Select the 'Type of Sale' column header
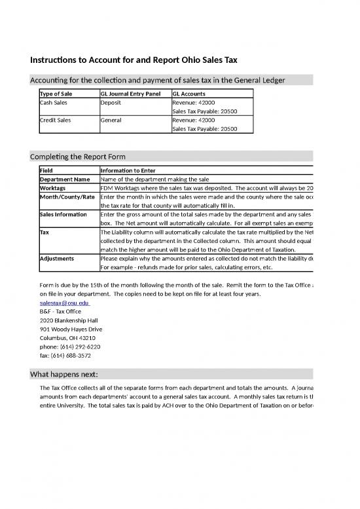click(56, 94)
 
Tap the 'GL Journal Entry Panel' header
click(130, 94)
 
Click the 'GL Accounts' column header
click(189, 94)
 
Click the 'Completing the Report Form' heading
click(78, 157)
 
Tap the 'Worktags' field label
click(53, 188)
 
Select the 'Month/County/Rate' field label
click(67, 197)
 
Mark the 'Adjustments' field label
click(57, 259)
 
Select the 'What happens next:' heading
click(64, 374)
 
